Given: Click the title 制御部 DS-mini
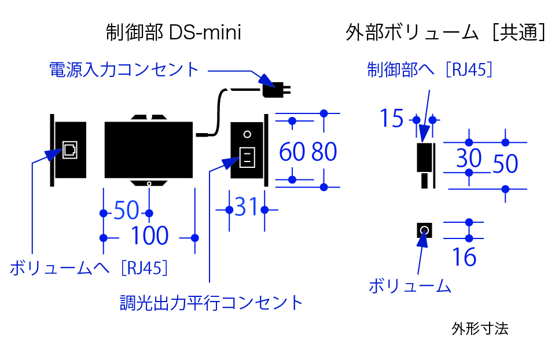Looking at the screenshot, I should coord(173,33).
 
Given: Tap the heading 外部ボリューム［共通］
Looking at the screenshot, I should coord(445,33).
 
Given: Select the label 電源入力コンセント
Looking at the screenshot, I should coord(124,70).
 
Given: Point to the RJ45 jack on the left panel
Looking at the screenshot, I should coord(69,149).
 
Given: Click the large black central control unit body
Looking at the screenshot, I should coord(149,150).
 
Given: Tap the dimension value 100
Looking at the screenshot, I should coord(149,236).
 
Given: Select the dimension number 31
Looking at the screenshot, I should coord(245,207).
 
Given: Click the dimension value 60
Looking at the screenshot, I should coord(292,152).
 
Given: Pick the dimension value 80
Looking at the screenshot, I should coord(324,152).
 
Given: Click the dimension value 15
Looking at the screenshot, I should coord(392,119).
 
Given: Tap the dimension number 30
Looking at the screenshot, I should coord(469,157).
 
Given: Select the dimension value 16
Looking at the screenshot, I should coord(464,257).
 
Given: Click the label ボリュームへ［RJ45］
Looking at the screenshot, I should coord(90,269).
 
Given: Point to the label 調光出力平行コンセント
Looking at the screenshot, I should coord(211,302).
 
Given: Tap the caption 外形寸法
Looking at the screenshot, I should coord(480,329).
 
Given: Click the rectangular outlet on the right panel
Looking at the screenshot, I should coord(247,157).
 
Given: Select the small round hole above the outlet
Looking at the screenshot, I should coord(247,134).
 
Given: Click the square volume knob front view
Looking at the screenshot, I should coord(424,231).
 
